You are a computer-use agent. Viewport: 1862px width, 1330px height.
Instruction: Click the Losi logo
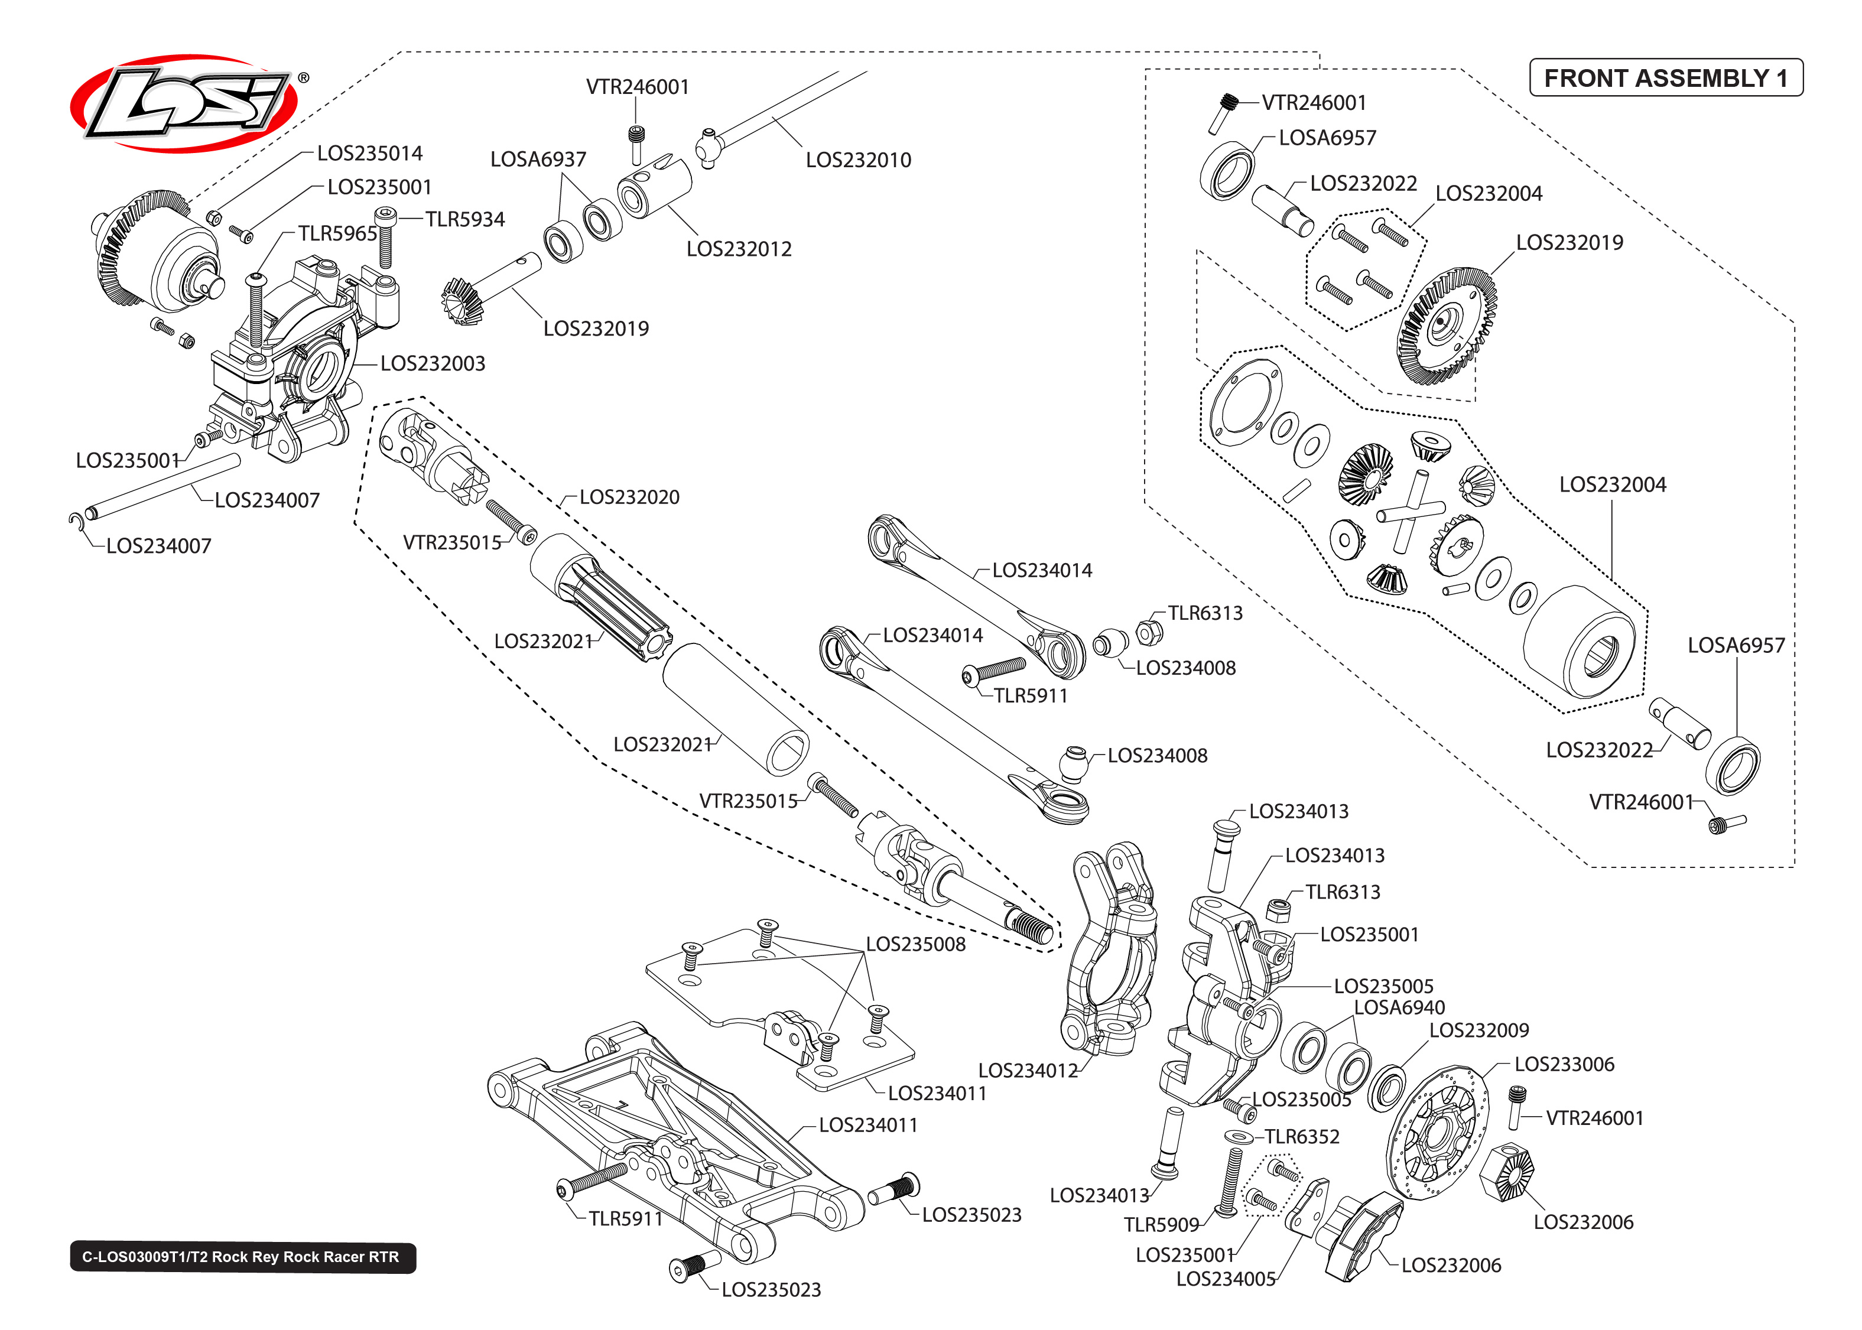pyautogui.click(x=184, y=104)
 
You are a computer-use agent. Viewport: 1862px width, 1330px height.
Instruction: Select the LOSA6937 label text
pyautogui.click(x=538, y=159)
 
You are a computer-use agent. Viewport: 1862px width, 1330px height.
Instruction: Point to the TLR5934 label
pyautogui.click(x=464, y=219)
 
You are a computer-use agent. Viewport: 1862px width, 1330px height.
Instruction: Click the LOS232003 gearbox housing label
pyautogui.click(x=433, y=363)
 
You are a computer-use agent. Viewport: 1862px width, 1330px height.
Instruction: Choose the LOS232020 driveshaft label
pyautogui.click(x=629, y=497)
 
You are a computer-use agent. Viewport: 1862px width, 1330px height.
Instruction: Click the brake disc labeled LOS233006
pyautogui.click(x=1437, y=1134)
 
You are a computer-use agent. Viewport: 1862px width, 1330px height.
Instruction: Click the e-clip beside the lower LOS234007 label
pyautogui.click(x=75, y=522)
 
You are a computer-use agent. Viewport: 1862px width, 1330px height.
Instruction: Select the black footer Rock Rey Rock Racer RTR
pyautogui.click(x=242, y=1257)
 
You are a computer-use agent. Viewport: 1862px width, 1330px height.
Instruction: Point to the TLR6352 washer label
pyautogui.click(x=1301, y=1137)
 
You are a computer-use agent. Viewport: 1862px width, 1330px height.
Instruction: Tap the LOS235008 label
pyautogui.click(x=915, y=944)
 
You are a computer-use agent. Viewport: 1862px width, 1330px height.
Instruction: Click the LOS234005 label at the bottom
pyautogui.click(x=1225, y=1279)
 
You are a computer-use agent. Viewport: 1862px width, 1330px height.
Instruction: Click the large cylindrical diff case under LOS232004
pyautogui.click(x=1580, y=643)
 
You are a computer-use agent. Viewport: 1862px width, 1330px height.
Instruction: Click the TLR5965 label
pyautogui.click(x=337, y=233)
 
